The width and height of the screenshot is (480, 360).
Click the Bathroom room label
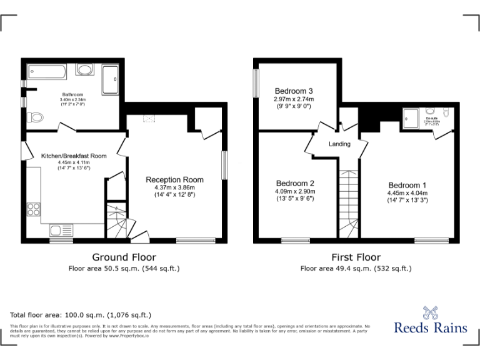coord(73,95)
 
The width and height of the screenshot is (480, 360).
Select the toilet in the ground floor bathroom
coord(35,117)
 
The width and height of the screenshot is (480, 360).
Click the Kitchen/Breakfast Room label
coord(74,156)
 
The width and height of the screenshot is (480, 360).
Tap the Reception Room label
coord(175,180)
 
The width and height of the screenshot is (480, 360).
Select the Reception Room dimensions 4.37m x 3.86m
coord(175,187)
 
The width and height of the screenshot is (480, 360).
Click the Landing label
coord(340,144)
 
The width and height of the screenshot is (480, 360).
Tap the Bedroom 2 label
coord(295,184)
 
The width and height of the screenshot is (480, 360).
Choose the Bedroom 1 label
coord(407,186)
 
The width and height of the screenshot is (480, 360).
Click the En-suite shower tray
coord(411,116)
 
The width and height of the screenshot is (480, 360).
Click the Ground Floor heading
coord(124,257)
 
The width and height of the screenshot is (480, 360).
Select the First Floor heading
coord(356,257)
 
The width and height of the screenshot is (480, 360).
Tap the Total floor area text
coord(81,315)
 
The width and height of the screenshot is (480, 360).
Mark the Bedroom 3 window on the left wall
coord(256,82)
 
